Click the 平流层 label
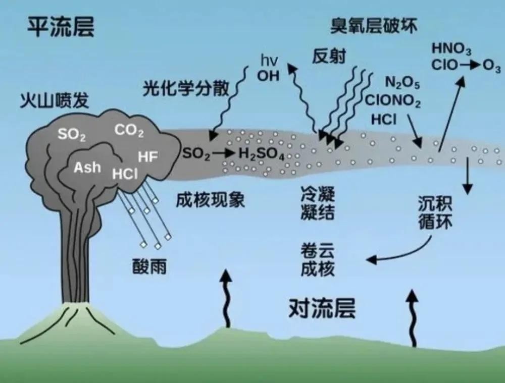point(61,26)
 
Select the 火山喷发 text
point(54,99)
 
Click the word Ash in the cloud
point(87,167)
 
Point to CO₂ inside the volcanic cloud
point(129,131)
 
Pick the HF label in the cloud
point(148,157)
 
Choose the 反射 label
point(329,56)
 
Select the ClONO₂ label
point(393,101)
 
